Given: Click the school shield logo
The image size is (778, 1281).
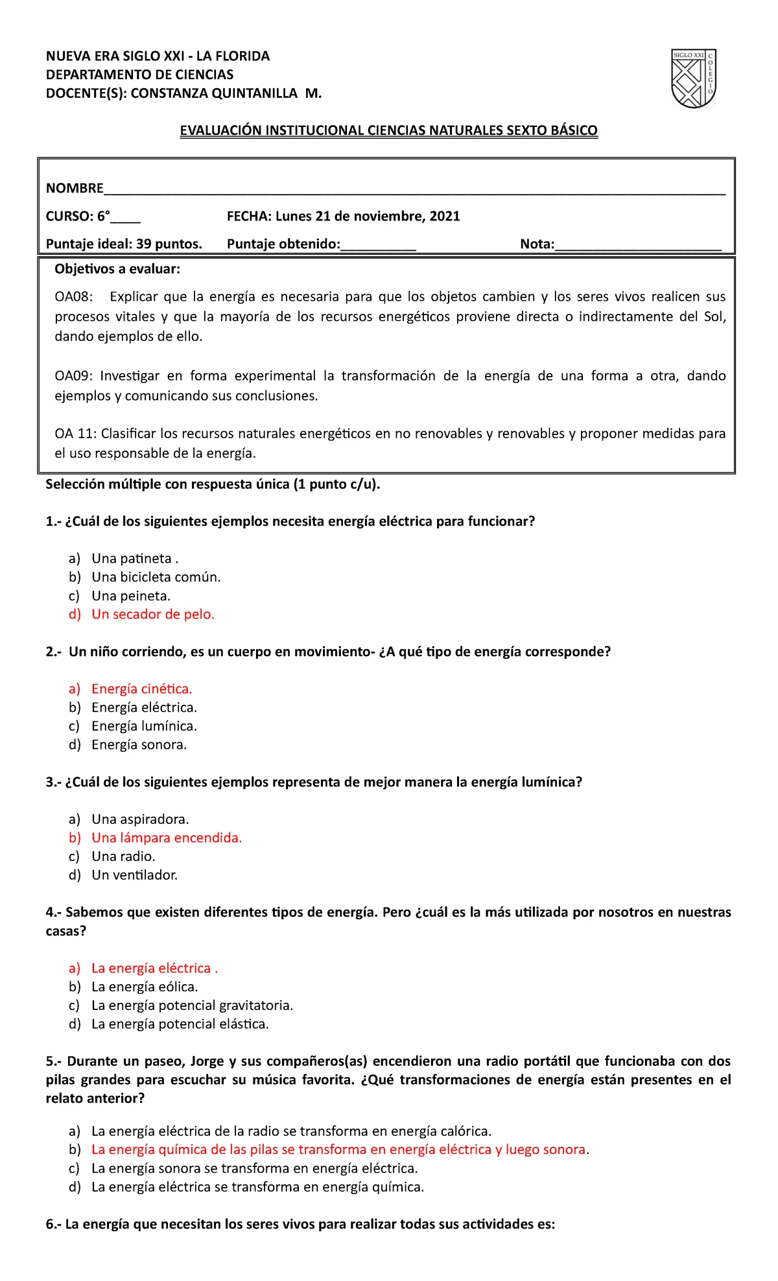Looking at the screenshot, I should click(x=693, y=78).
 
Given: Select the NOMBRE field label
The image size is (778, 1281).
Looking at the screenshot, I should click(x=75, y=189).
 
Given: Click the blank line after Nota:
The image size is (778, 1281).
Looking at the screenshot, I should click(x=638, y=245).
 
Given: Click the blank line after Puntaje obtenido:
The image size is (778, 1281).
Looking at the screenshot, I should click(x=378, y=245).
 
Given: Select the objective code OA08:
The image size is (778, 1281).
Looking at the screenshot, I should click(x=73, y=297).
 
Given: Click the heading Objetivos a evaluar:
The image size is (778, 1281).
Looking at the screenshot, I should click(x=117, y=269).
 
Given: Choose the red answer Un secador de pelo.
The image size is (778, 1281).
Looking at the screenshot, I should click(x=153, y=615).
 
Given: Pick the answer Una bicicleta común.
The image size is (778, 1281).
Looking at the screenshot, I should click(x=156, y=577).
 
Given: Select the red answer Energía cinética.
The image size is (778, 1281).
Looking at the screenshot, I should click(x=141, y=689).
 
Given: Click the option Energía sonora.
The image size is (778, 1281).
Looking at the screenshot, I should click(x=139, y=745).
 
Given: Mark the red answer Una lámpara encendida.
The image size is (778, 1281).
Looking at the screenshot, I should click(x=167, y=838).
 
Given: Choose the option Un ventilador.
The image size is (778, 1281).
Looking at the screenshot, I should click(x=134, y=875).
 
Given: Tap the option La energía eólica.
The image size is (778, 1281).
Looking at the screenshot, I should click(x=145, y=987).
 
